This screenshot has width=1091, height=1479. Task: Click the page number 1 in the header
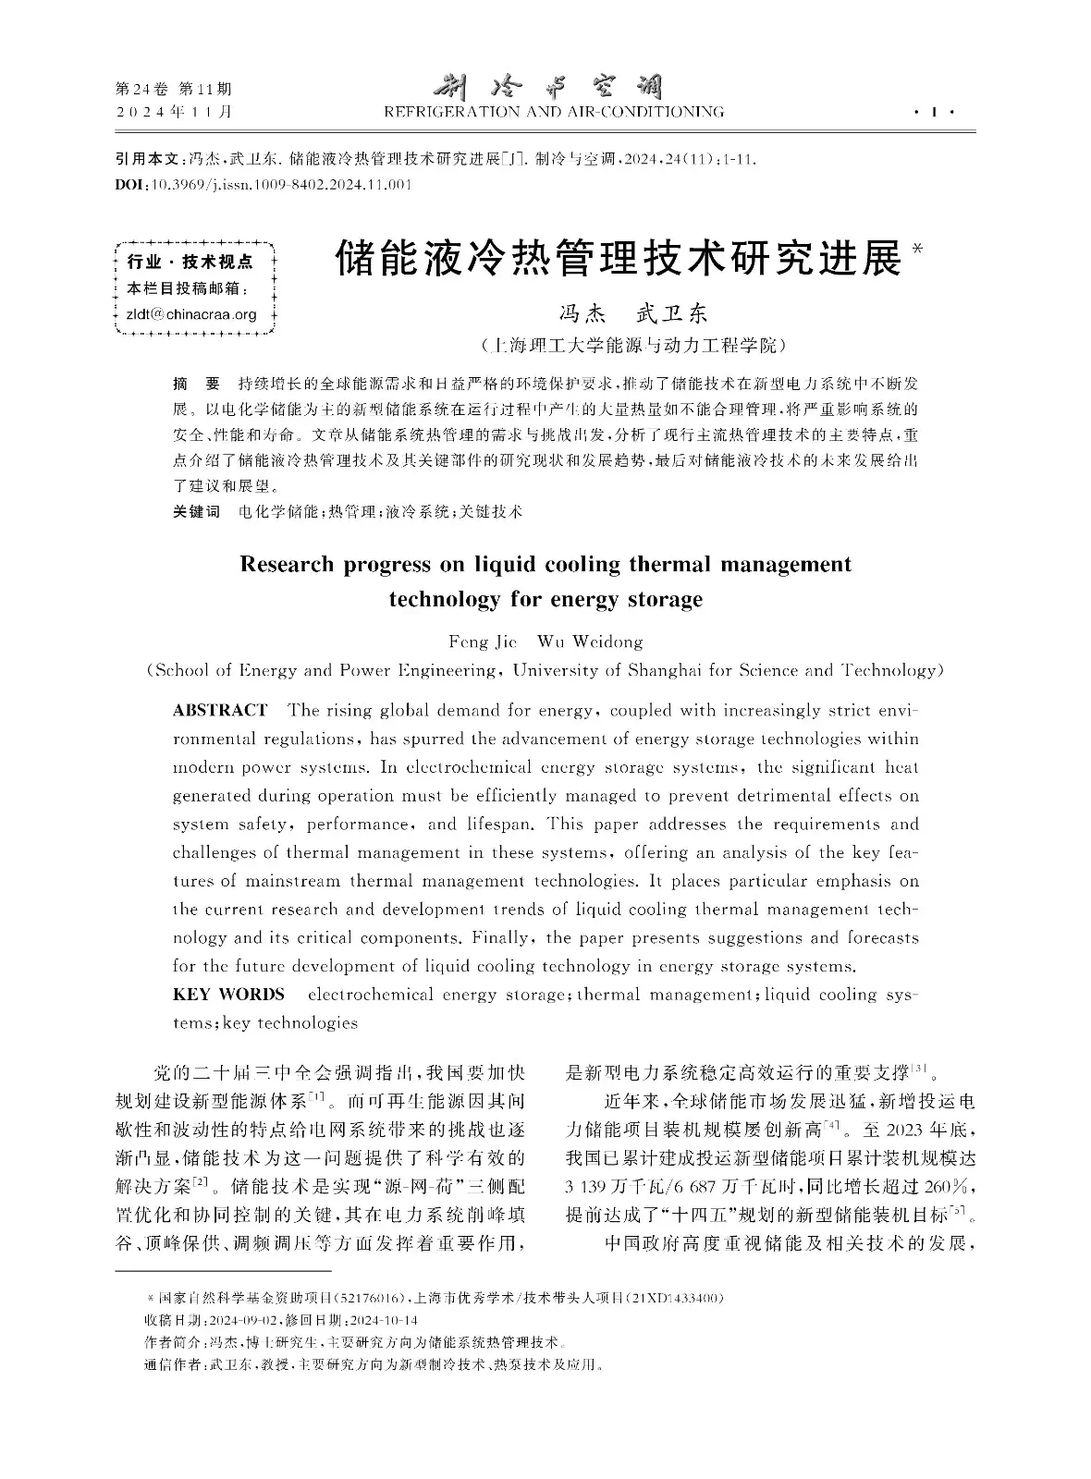pos(936,113)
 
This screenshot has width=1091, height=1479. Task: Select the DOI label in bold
pos(128,185)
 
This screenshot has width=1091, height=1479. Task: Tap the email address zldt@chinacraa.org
pos(190,314)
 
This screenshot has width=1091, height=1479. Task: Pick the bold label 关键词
pos(196,511)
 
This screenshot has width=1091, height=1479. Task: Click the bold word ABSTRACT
pos(220,710)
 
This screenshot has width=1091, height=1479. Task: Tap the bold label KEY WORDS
pos(228,995)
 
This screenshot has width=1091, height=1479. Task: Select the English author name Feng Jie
pos(482,642)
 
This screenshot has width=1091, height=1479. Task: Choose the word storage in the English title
pos(662,599)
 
